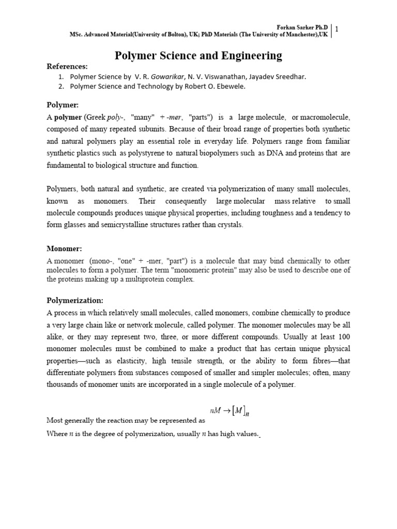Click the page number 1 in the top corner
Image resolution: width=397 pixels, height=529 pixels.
tap(337, 29)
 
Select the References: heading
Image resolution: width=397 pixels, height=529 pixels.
tap(67, 67)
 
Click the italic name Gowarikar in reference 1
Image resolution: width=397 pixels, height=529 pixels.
tap(168, 77)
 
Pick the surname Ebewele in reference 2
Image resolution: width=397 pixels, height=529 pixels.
tap(228, 87)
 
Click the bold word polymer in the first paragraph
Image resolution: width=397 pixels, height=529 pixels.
tap(68, 117)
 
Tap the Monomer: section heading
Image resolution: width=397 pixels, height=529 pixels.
tap(65, 248)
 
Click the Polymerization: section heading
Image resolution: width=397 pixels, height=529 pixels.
tap(75, 301)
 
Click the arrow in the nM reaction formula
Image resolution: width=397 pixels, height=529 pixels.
tap(226, 410)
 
